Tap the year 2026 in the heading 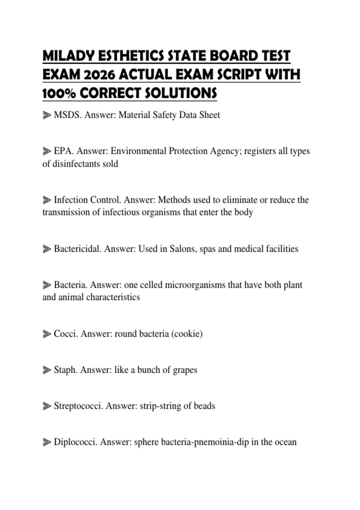pyautogui.click(x=99, y=75)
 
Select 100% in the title pyautogui.click(x=59, y=93)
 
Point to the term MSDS pyautogui.click(x=67, y=115)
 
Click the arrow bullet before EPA pyautogui.click(x=47, y=151)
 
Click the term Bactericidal pyautogui.click(x=77, y=249)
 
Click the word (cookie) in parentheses pyautogui.click(x=187, y=334)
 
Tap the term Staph pyautogui.click(x=65, y=370)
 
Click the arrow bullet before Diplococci pyautogui.click(x=47, y=442)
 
